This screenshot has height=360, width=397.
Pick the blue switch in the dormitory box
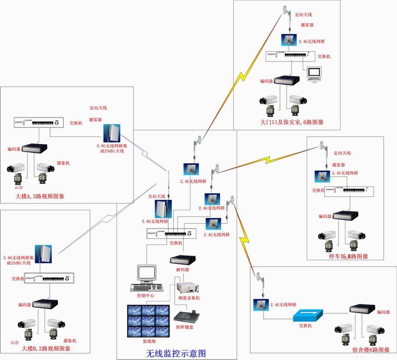coord(308,315)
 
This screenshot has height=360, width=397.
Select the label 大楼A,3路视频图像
coord(40,197)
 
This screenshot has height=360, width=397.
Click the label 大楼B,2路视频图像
coord(46,349)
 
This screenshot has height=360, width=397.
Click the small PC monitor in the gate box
coord(315,74)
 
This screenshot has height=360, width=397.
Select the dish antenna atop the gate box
coord(286,10)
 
